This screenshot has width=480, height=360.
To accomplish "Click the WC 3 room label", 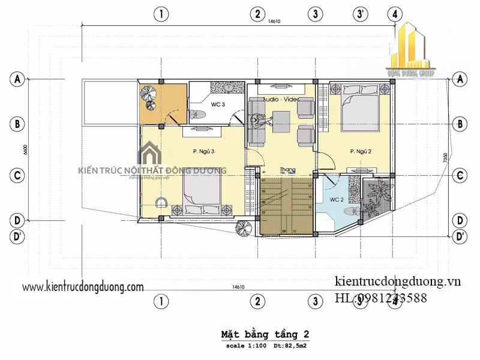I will pyautogui.click(x=218, y=104).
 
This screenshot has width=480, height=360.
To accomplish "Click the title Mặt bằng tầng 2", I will pyautogui.click(x=265, y=334).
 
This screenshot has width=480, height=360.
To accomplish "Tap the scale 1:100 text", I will pyautogui.click(x=245, y=346).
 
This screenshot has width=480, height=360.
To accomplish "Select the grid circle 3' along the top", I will pyautogui.click(x=361, y=14).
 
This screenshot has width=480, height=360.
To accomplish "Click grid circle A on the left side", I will pyautogui.click(x=17, y=79).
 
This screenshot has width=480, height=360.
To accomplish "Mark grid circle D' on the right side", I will pyautogui.click(x=461, y=237).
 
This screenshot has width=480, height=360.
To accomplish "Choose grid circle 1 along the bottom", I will pyautogui.click(x=160, y=300).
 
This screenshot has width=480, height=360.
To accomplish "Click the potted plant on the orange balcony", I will pyautogui.click(x=148, y=95).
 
